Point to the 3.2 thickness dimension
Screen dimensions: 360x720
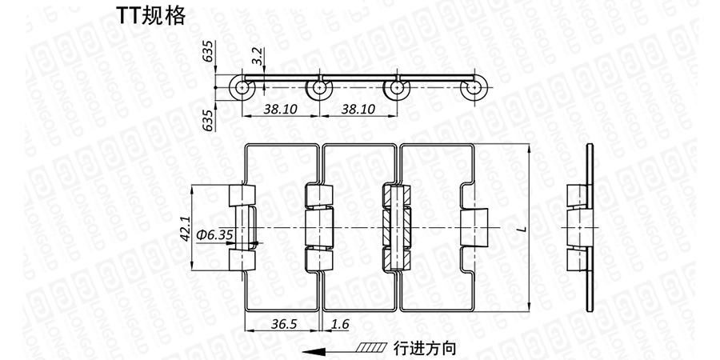point(256,58)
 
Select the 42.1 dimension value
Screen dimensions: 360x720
point(184,228)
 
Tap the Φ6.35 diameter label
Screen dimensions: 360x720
point(214,234)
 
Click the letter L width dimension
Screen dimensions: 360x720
point(521,230)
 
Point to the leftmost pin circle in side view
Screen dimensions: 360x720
point(242,89)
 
